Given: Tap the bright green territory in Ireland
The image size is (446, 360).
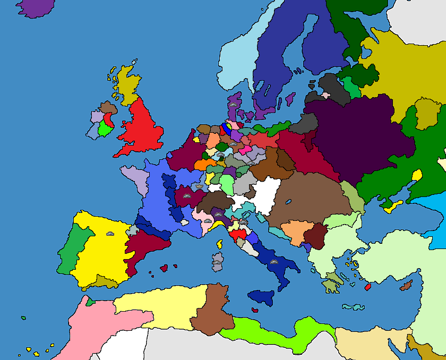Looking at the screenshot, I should [106, 129].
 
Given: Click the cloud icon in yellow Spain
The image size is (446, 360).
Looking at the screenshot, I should [110, 233].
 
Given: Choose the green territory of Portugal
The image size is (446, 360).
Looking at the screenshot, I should [69, 250].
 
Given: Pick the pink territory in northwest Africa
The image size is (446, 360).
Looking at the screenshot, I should [90, 329].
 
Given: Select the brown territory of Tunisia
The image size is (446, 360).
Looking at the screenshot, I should [212, 311].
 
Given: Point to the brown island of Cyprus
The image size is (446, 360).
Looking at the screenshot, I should [406, 286].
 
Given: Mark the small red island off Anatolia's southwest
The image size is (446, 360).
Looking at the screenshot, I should [367, 287].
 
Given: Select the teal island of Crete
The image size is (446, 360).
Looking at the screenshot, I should [353, 307].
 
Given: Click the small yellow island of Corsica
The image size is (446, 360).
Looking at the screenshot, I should [219, 244].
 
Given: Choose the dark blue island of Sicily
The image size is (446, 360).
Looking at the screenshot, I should [261, 297].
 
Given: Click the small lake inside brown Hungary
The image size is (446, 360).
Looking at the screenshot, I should [288, 202].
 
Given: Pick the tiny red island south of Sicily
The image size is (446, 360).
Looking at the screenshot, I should [255, 310].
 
